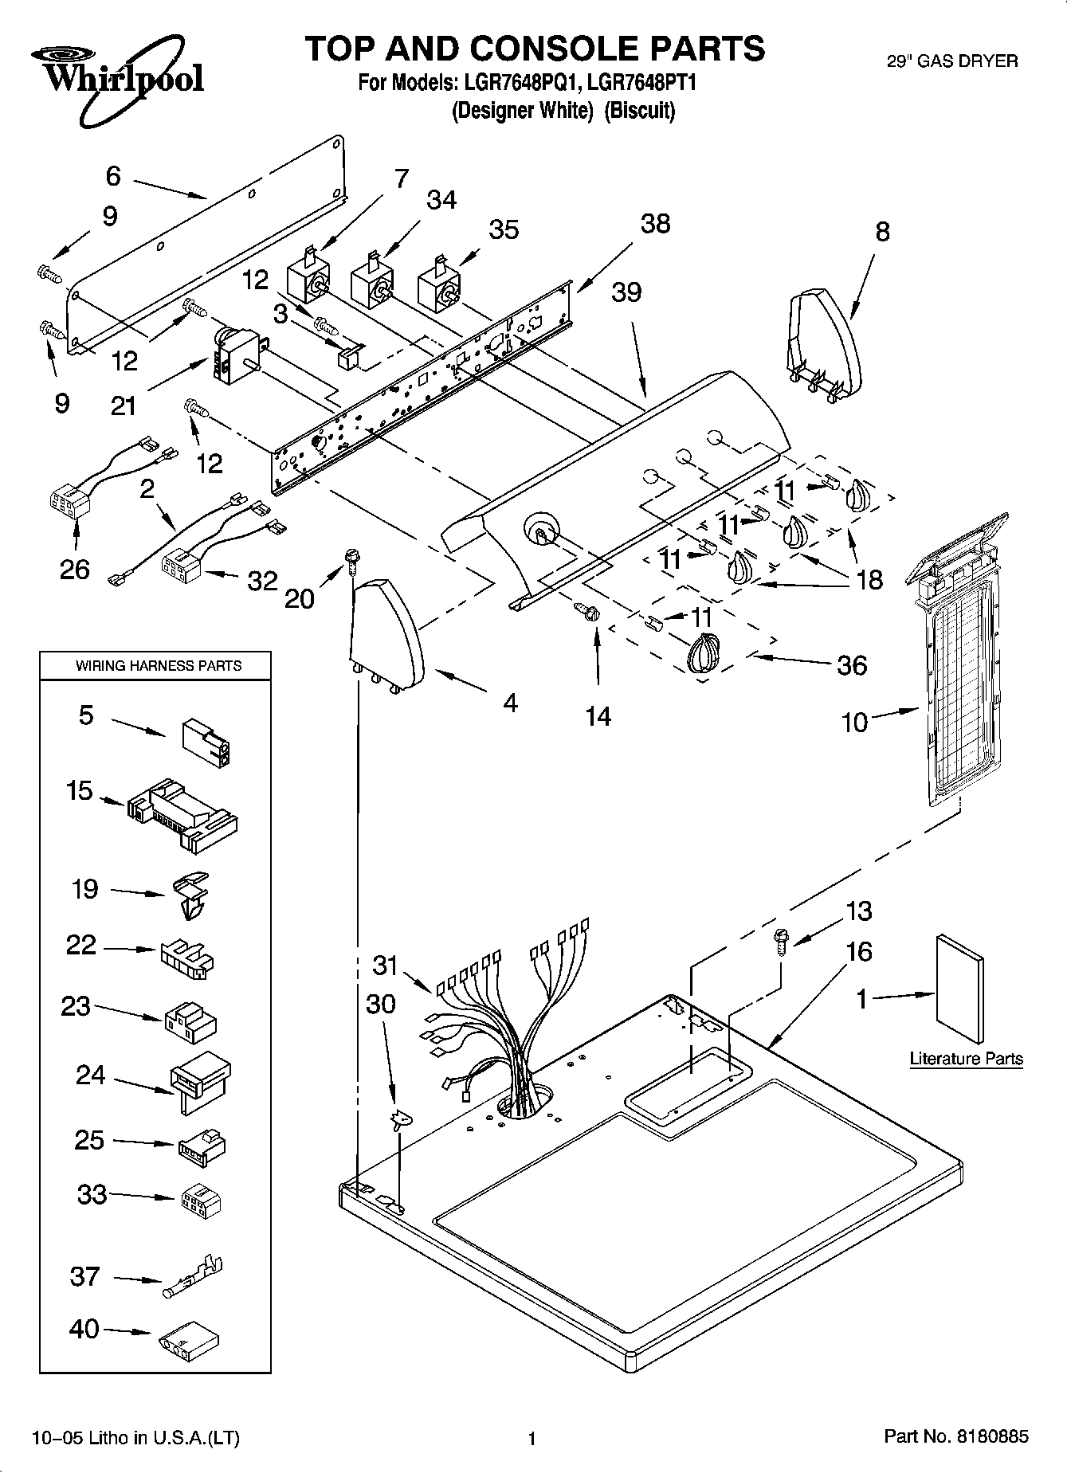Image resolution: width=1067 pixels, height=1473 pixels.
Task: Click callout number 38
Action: click(655, 225)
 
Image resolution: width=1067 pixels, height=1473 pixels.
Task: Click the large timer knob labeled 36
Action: click(701, 656)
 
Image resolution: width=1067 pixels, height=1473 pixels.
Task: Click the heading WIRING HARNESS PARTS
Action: click(158, 665)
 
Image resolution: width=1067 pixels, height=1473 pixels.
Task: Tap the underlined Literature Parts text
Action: click(966, 1059)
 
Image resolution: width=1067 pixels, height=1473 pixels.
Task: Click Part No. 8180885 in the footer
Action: click(956, 1436)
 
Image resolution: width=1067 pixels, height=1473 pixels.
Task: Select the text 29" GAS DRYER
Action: click(952, 61)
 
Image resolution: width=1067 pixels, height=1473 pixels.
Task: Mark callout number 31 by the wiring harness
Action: click(385, 966)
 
